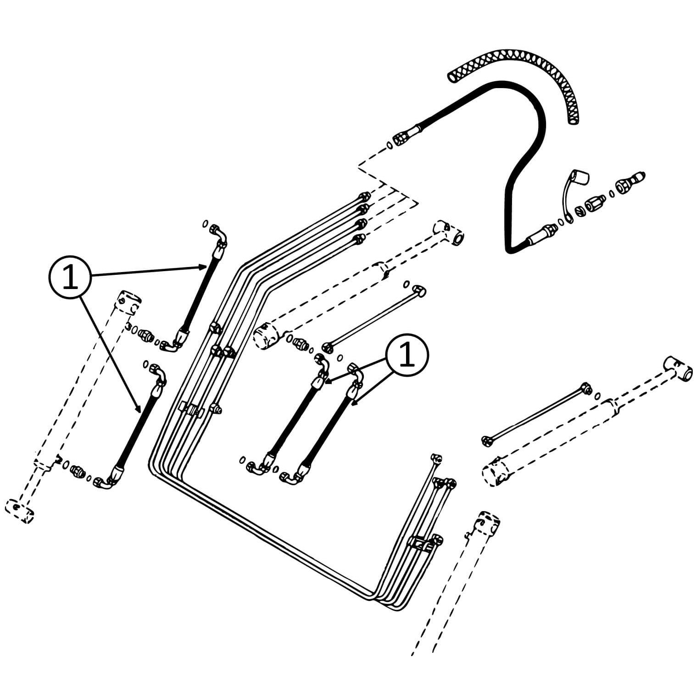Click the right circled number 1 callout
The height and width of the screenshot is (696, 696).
pyautogui.click(x=407, y=356)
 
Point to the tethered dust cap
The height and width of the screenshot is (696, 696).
pyautogui.click(x=580, y=178)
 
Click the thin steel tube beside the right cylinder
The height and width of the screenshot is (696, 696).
pyautogui.click(x=535, y=413)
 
